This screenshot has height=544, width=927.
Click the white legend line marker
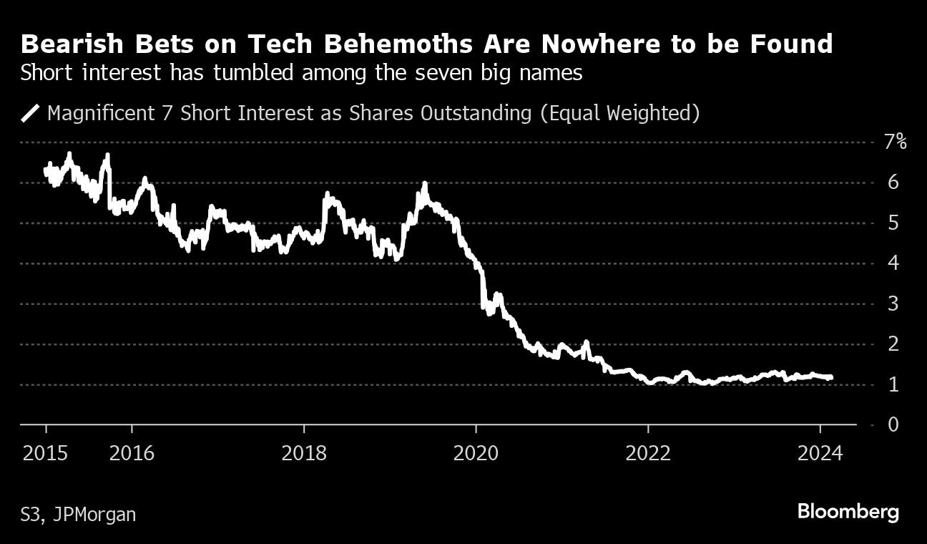31,114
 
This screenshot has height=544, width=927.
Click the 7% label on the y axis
895,142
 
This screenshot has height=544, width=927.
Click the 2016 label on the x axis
132,453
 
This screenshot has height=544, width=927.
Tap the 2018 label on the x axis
304,453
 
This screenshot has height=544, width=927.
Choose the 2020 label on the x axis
476,453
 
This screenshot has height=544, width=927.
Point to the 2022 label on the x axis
648,453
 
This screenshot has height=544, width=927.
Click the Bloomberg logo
848,513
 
